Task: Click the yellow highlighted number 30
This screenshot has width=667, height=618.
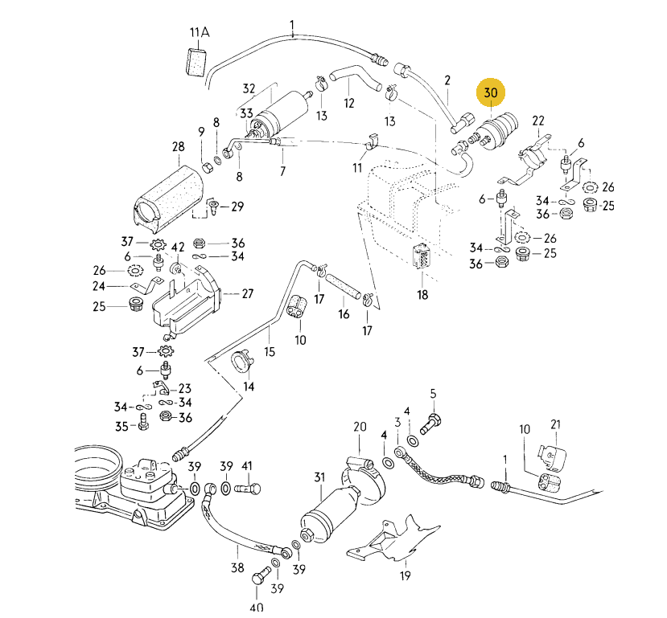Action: pos(491,93)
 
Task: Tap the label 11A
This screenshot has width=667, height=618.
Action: pos(199,33)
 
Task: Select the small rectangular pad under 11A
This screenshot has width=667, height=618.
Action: pos(196,61)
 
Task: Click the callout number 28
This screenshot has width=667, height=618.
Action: pos(178,147)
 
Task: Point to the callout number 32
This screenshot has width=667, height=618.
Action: pos(249,88)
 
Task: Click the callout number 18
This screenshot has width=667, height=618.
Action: pos(422,294)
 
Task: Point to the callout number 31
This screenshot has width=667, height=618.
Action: pos(319,478)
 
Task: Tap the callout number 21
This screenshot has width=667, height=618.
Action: pos(554,424)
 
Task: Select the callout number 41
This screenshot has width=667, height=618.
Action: pos(247,466)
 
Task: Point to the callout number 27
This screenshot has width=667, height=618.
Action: pos(247,293)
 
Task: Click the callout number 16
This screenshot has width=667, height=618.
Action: pos(344,313)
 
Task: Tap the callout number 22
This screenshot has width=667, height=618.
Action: pos(538,121)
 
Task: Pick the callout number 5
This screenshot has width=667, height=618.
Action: pos(432,393)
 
